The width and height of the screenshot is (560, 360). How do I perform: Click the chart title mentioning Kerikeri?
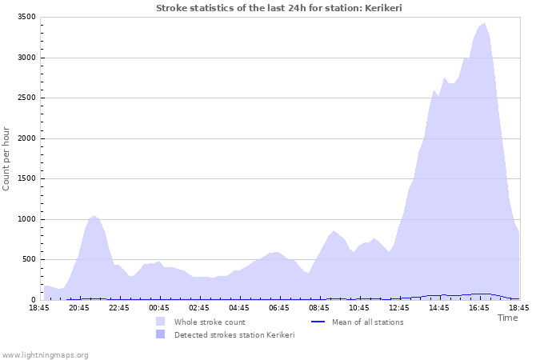279,8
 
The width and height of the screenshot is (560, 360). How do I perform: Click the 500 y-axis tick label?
27,259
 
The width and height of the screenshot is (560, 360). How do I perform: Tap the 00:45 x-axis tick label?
159,307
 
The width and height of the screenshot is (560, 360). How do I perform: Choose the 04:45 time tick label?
239,307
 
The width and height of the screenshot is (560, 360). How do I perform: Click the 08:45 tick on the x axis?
319,307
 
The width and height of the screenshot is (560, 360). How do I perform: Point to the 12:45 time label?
399,307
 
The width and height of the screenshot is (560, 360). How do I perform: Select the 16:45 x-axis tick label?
479,307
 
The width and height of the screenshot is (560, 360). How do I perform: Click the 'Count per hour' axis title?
7,158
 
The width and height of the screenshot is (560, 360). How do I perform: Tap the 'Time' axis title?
507,318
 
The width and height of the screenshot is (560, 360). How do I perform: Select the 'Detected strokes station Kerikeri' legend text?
234,334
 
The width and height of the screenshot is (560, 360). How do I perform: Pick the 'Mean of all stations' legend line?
317,322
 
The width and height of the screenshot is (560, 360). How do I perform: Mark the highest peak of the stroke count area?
484,23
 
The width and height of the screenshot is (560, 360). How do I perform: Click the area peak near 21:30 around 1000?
94,215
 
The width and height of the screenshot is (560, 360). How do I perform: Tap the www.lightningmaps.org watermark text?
45,354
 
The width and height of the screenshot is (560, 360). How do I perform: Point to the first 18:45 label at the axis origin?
39,307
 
